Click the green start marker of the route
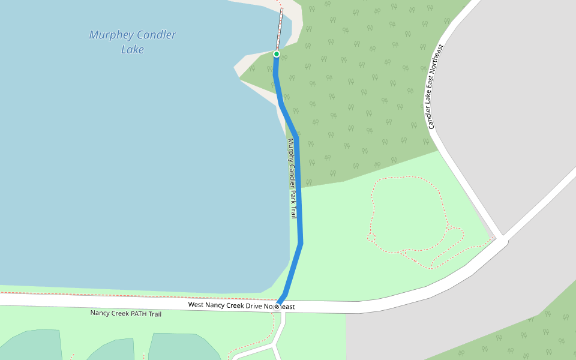coord(277,54)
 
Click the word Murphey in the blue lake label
coord(110,35)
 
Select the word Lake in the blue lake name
coord(133,50)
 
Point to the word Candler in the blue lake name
coord(154,35)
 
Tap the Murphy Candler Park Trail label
coord(292,178)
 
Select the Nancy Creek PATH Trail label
coord(126,313)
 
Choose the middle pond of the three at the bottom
coord(114,349)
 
